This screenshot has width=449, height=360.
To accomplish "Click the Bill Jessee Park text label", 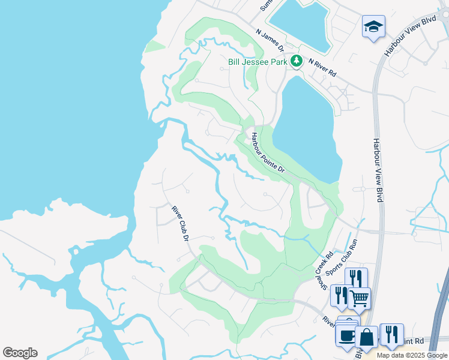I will pyautogui.click(x=258, y=61).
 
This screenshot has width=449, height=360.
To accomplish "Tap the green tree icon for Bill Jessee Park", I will pyautogui.click(x=296, y=61).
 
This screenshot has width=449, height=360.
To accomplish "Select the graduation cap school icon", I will pyautogui.click(x=373, y=26).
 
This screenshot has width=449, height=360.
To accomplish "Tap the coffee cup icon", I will pyautogui.click(x=346, y=335).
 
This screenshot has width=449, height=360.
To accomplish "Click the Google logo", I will pyautogui.click(x=20, y=353).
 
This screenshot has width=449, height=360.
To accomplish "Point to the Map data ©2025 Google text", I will pyautogui.click(x=412, y=355).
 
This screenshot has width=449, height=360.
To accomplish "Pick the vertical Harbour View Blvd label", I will pyautogui.click(x=378, y=170).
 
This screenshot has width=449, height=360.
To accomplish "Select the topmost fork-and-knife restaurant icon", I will pyautogui.click(x=356, y=278).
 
